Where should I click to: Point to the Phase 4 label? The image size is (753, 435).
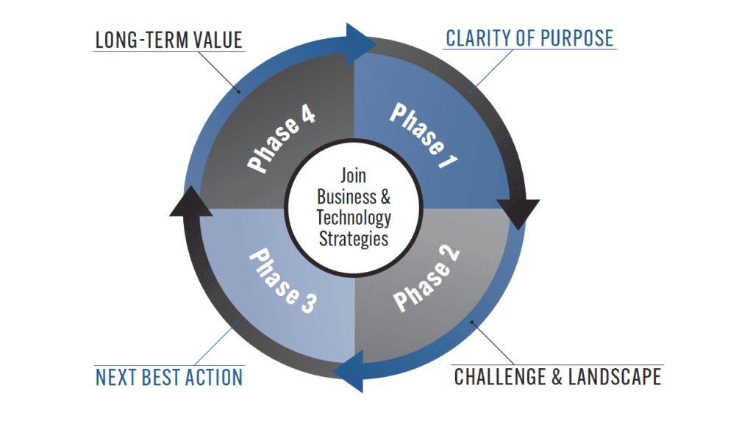(283, 139)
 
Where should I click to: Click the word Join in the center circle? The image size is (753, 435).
(353, 177)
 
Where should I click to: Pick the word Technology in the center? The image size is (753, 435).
(354, 218)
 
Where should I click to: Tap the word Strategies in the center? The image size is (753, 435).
(354, 239)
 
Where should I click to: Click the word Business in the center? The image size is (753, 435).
(346, 198)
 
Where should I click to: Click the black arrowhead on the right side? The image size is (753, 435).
(518, 212)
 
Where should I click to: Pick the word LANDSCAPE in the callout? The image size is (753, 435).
(622, 378)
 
